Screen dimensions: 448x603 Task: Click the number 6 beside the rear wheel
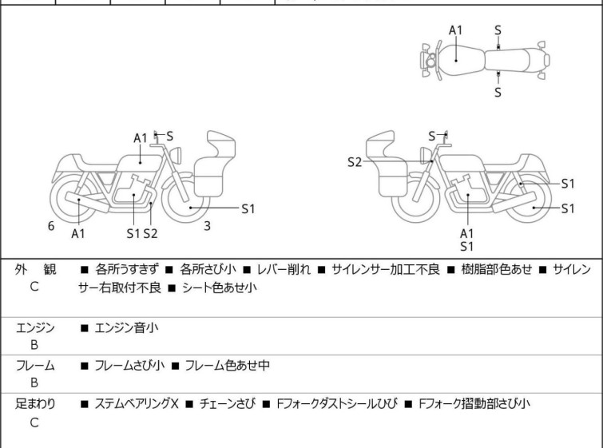coord(51,226)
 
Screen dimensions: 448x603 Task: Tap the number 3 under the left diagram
coord(207,226)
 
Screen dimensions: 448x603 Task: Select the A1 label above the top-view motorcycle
coord(455,30)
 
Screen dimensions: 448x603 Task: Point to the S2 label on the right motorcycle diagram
coord(355,162)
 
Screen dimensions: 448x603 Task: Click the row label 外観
coord(35,270)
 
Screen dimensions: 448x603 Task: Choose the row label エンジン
coord(35,327)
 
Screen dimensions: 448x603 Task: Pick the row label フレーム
coord(35,366)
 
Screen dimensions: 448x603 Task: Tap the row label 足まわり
coord(35,404)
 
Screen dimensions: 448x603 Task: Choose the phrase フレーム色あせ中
coord(227,366)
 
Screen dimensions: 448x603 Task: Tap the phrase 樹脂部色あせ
coord(494,270)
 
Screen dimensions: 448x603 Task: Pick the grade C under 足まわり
coord(34,423)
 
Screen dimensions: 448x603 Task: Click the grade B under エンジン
coord(34,345)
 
